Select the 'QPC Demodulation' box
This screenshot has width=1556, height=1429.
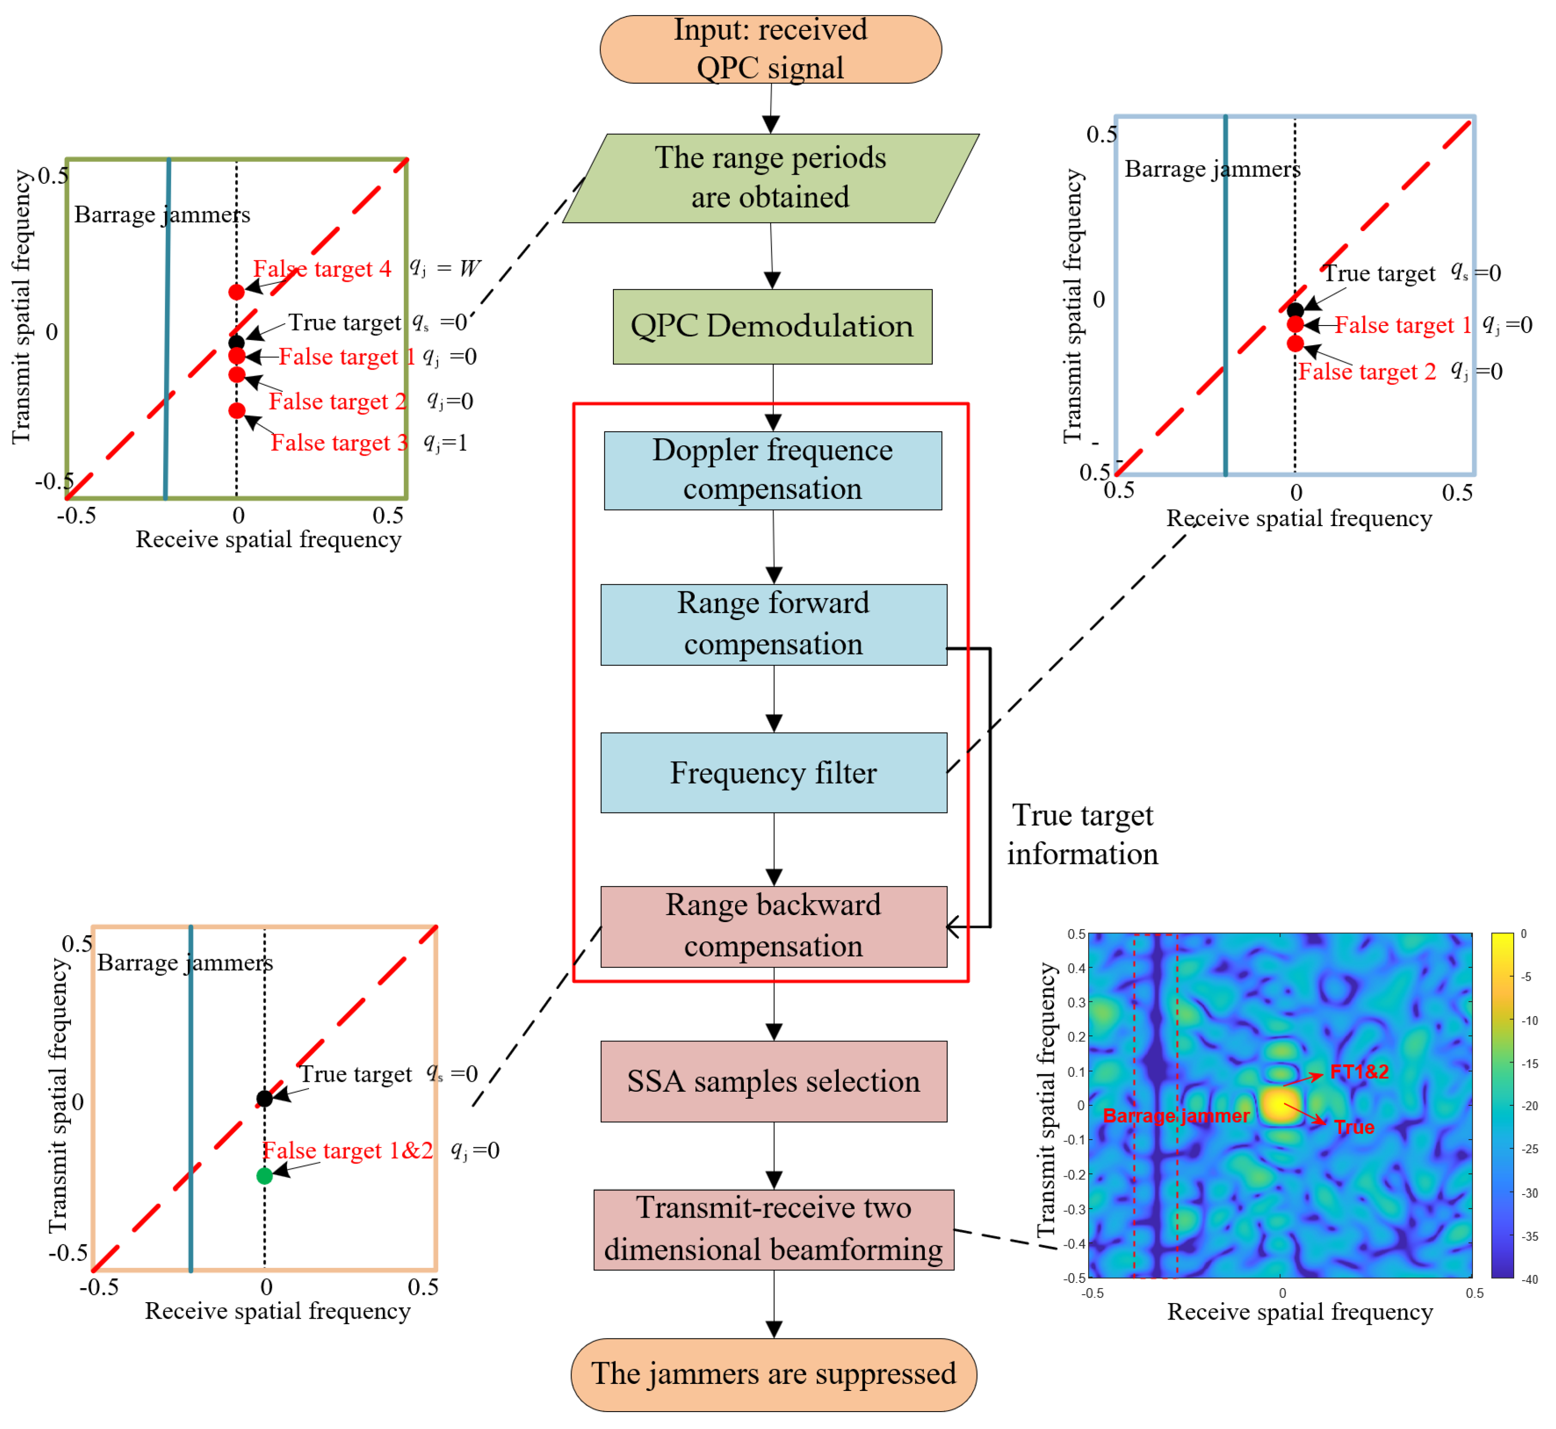click(x=772, y=326)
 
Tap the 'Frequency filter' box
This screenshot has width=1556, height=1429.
click(x=773, y=772)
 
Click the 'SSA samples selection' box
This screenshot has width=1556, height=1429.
click(x=773, y=1081)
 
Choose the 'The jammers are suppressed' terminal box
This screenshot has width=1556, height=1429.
click(x=773, y=1374)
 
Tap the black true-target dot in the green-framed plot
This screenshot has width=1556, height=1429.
click(x=237, y=342)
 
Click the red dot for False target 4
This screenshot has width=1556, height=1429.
click(x=237, y=292)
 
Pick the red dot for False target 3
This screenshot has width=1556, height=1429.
click(x=237, y=410)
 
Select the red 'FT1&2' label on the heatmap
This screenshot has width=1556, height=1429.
click(x=1359, y=1072)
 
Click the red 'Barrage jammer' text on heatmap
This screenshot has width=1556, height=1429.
click(x=1176, y=1116)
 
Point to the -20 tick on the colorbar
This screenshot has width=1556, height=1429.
click(x=1529, y=1106)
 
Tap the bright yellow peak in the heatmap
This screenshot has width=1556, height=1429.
click(x=1281, y=1106)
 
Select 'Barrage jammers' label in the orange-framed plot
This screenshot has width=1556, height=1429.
click(x=185, y=963)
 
